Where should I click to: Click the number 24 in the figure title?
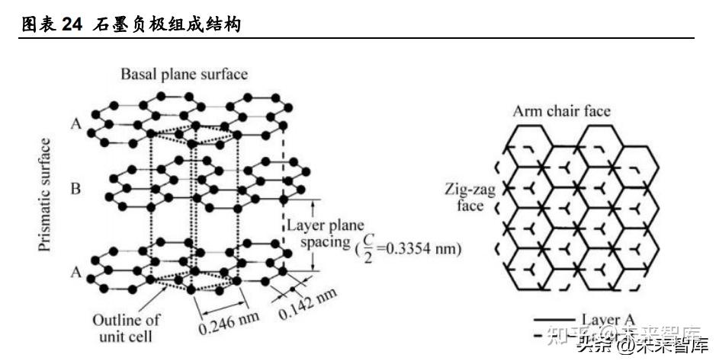click(x=72, y=25)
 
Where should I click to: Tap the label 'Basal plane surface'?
click(x=185, y=74)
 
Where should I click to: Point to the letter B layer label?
click(x=75, y=187)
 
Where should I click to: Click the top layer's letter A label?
click(x=75, y=123)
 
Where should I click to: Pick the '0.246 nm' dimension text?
click(x=228, y=324)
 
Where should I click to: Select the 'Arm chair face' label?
click(x=561, y=111)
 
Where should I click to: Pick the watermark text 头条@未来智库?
click(x=642, y=346)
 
